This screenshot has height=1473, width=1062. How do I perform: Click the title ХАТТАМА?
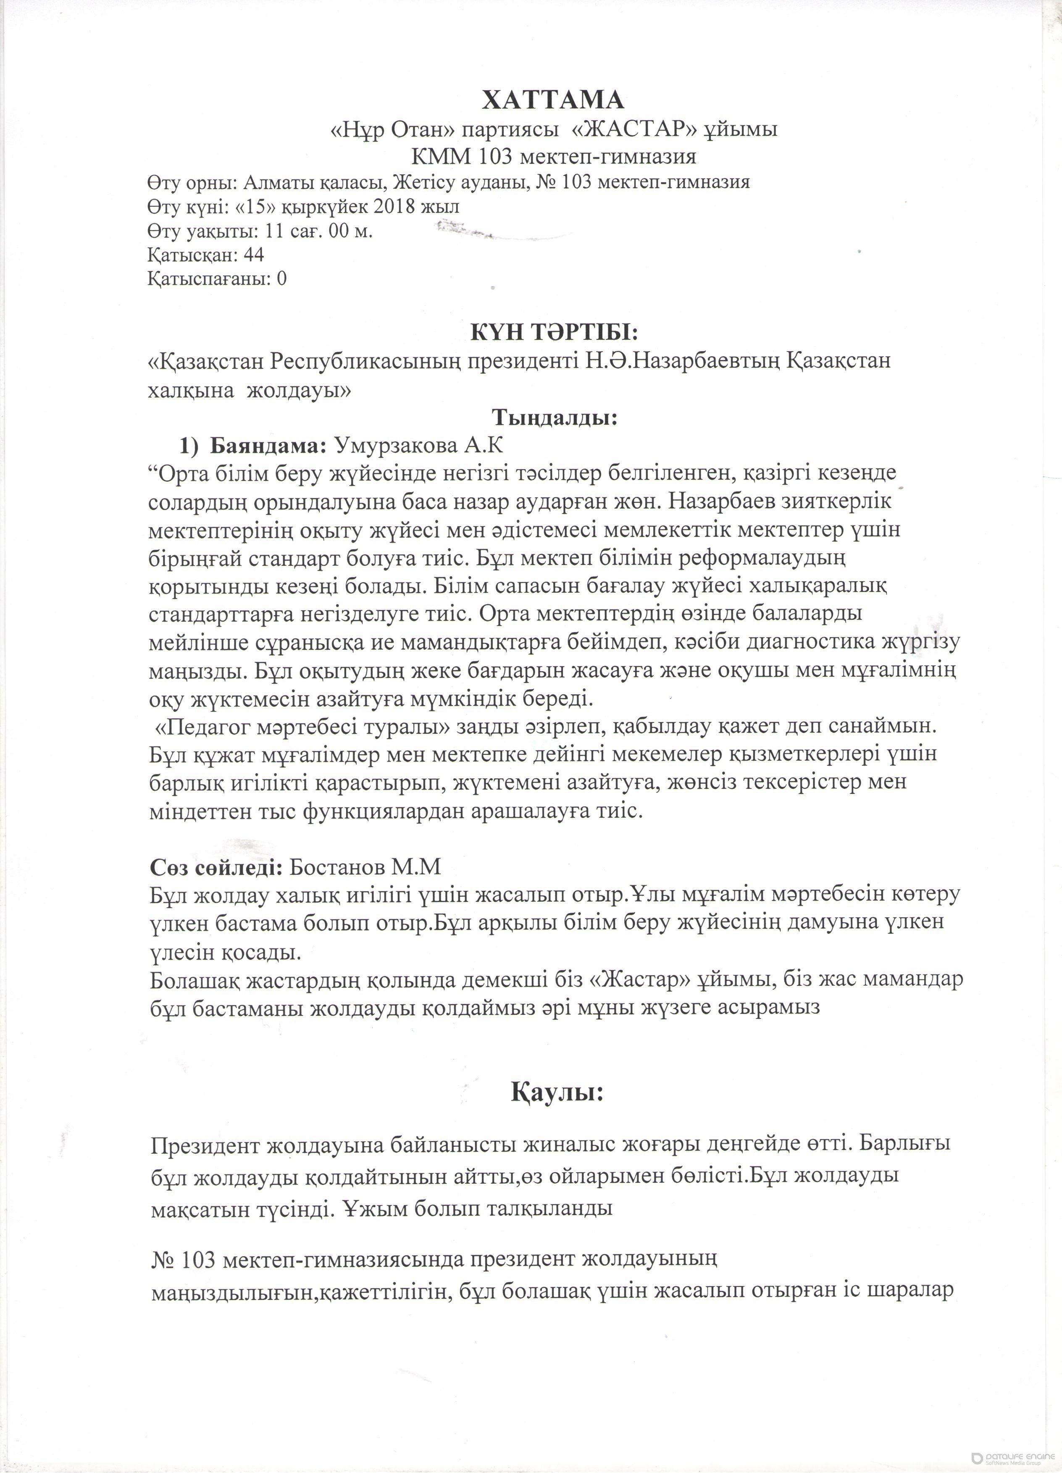pyautogui.click(x=553, y=100)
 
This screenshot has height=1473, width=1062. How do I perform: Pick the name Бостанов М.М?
pyautogui.click(x=365, y=866)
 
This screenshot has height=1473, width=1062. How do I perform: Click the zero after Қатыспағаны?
pyautogui.click(x=281, y=279)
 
